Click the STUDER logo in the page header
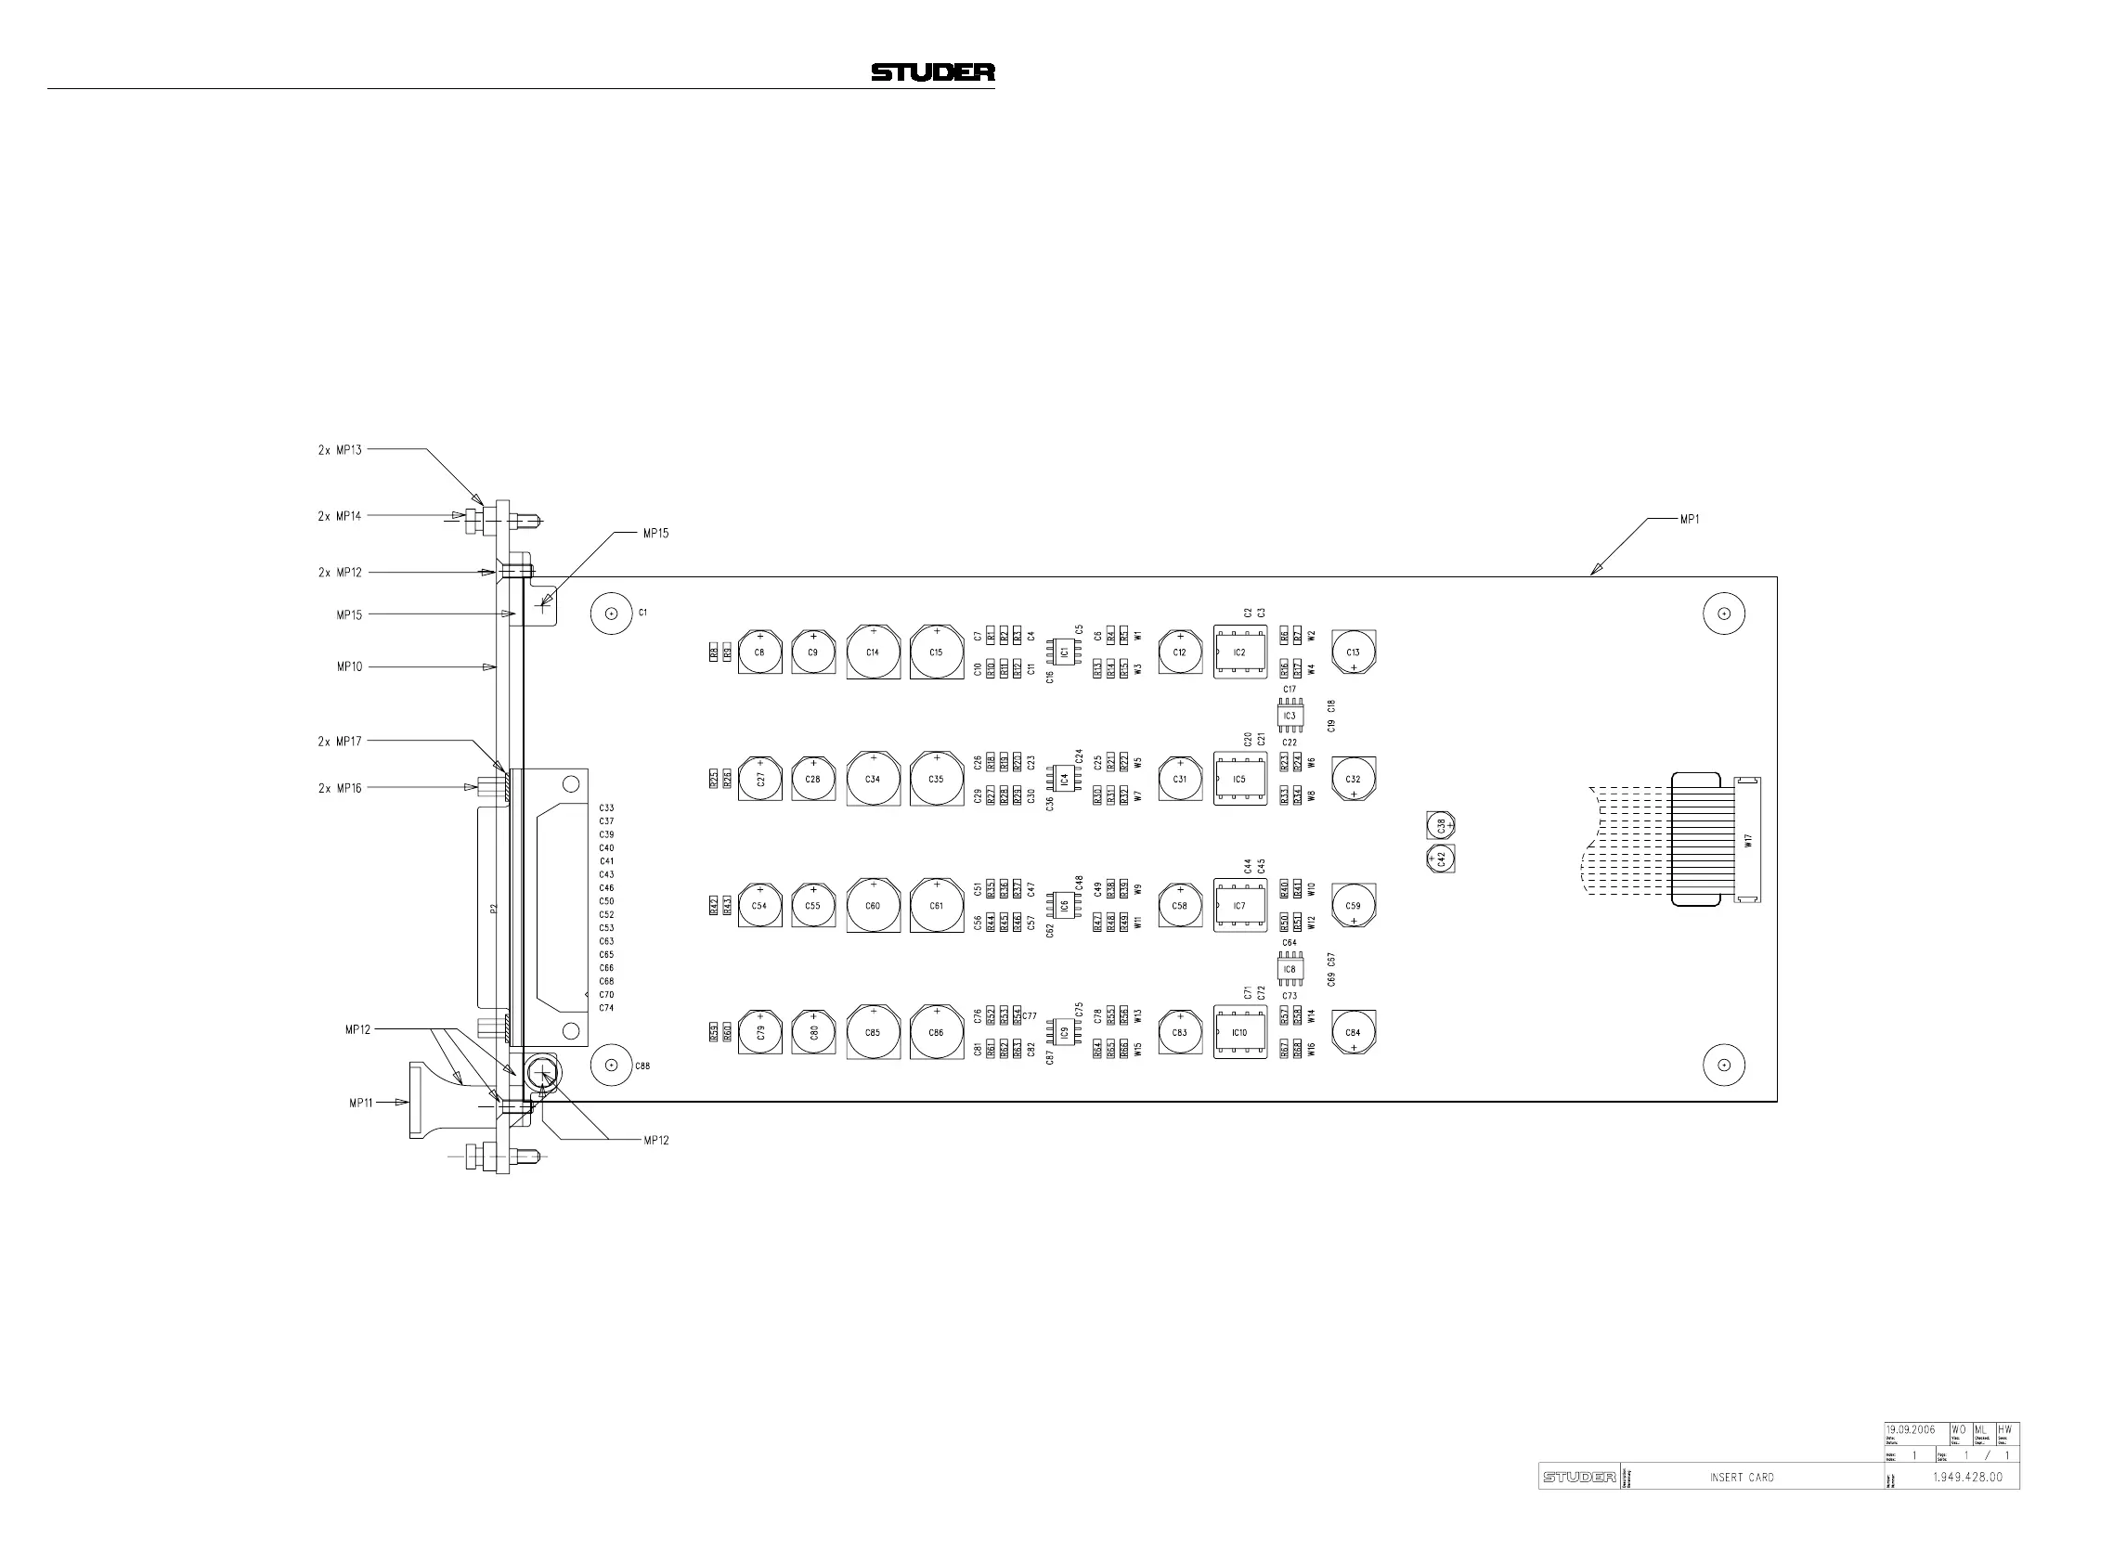click(x=932, y=71)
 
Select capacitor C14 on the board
click(x=873, y=652)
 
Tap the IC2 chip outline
click(x=1239, y=652)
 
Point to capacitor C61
click(x=936, y=906)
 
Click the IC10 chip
click(x=1239, y=1032)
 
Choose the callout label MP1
click(x=1689, y=519)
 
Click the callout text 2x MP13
click(x=340, y=450)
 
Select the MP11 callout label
click(x=360, y=1103)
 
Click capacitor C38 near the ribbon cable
click(x=1440, y=825)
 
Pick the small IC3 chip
click(x=1290, y=717)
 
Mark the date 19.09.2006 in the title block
click(x=1911, y=1429)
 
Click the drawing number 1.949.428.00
click(x=1967, y=1477)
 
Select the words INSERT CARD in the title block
click(x=1741, y=1477)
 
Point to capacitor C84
click(x=1353, y=1032)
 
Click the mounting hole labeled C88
click(x=611, y=1066)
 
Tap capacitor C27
click(x=759, y=779)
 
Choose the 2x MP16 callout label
click(x=340, y=788)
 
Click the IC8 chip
click(x=1290, y=970)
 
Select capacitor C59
click(x=1353, y=906)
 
